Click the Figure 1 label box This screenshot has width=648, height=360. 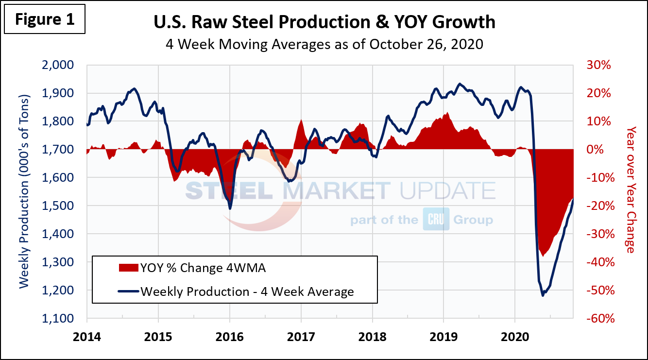44,19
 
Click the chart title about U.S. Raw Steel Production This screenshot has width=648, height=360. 324,22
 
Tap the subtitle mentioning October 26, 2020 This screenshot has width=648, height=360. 324,44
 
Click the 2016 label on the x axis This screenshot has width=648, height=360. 230,335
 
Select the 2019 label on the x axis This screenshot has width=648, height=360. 443,335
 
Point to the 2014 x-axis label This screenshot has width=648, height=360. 87,335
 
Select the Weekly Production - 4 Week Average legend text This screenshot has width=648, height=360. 247,291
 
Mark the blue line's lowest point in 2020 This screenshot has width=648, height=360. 543,295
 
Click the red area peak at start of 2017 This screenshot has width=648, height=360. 301,120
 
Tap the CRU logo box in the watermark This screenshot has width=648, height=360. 436,220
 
